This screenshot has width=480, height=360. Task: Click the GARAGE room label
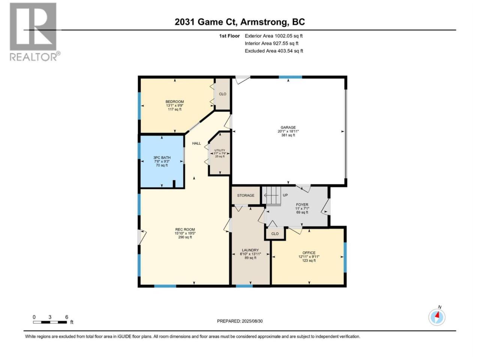pyautogui.click(x=288, y=127)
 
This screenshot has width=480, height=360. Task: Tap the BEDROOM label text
pyautogui.click(x=174, y=102)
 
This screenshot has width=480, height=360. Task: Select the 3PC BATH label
pyautogui.click(x=162, y=157)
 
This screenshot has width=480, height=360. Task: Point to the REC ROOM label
pyautogui.click(x=185, y=229)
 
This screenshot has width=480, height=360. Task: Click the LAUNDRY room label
pyautogui.click(x=250, y=250)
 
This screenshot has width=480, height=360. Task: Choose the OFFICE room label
pyautogui.click(x=309, y=253)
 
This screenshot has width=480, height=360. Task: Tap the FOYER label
pyautogui.click(x=302, y=205)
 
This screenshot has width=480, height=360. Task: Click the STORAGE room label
pyautogui.click(x=246, y=195)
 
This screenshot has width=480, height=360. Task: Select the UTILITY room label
pyautogui.click(x=219, y=150)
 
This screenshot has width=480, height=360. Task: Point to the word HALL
pyautogui.click(x=196, y=143)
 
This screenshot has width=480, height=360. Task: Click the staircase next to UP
pyautogui.click(x=271, y=196)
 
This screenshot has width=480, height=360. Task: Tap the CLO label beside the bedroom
pyautogui.click(x=223, y=94)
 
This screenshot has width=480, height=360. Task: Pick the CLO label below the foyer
pyautogui.click(x=275, y=234)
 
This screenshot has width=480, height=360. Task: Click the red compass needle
pyautogui.click(x=437, y=315)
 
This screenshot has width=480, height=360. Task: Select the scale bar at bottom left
pyautogui.click(x=50, y=322)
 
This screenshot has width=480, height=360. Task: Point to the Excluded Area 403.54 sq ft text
pyautogui.click(x=274, y=51)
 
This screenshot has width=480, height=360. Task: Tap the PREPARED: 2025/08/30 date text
pyautogui.click(x=240, y=321)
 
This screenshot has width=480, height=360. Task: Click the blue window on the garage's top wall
pyautogui.click(x=290, y=77)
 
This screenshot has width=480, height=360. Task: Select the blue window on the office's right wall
pyautogui.click(x=345, y=258)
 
